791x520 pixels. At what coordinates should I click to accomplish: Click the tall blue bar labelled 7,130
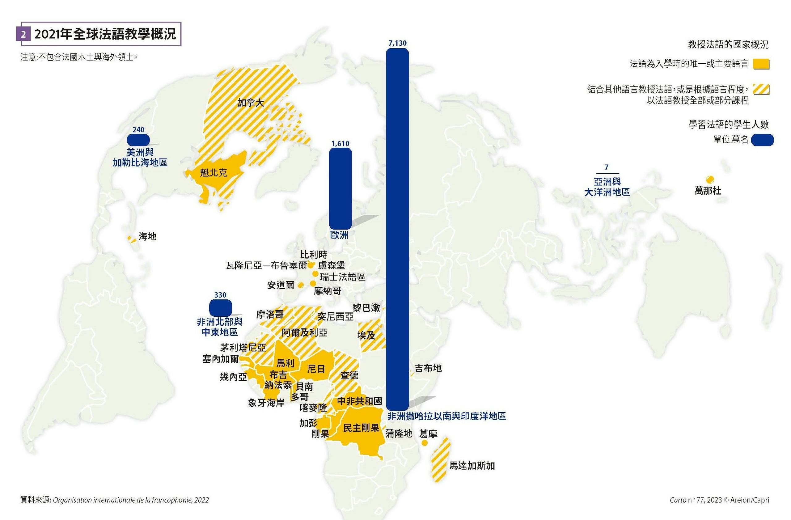pos(397,229)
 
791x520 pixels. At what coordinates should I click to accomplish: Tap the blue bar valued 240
pos(138,140)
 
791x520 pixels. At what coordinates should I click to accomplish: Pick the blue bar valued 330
pos(220,307)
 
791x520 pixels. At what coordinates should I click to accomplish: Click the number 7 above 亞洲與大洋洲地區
pos(606,167)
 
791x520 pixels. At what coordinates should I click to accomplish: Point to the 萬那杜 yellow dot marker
pos(710,180)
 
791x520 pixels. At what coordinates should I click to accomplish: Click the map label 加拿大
pos(251,103)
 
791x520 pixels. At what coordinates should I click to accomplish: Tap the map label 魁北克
pos(214,172)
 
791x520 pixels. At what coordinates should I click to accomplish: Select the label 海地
pos(147,236)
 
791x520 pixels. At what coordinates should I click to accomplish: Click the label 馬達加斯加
pos(472,466)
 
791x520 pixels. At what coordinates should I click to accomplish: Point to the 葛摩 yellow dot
pos(425,443)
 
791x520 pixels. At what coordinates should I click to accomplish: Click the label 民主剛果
pos(361,428)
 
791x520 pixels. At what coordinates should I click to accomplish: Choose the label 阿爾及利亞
pos(304,332)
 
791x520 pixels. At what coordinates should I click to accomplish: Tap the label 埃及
pos(366,335)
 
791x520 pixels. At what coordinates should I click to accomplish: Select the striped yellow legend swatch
pos(761,89)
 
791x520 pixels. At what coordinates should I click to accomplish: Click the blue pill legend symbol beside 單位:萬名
pos(762,140)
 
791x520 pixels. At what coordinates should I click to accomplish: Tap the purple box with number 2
pos(23,34)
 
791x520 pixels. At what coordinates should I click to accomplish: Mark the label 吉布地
pos(428,368)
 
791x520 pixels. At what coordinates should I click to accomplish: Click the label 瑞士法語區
pos(342,277)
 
